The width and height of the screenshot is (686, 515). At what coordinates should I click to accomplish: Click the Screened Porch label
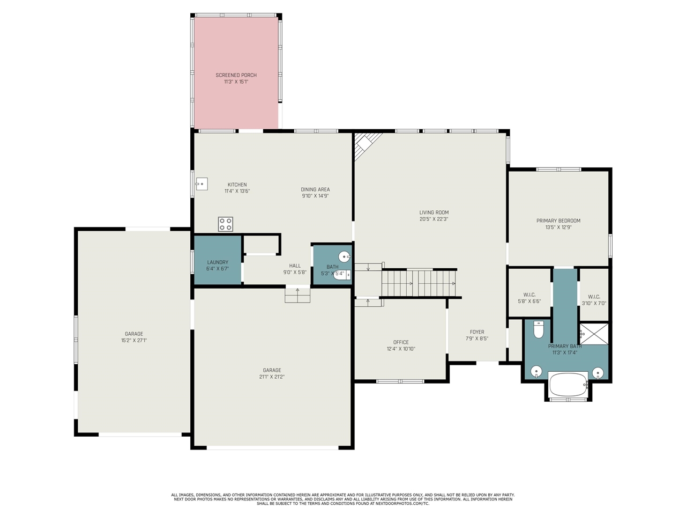click(x=236, y=75)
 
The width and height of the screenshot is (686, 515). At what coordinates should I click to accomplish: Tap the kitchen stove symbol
click(x=226, y=224)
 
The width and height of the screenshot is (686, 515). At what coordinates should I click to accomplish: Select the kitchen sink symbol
click(x=201, y=183)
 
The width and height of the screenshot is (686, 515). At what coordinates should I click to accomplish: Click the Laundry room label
click(x=218, y=262)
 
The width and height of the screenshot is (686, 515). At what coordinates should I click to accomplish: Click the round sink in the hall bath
click(x=345, y=256)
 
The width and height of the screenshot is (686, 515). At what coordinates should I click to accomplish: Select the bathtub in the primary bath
click(x=568, y=385)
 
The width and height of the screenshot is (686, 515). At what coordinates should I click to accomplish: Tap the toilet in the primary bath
click(x=539, y=329)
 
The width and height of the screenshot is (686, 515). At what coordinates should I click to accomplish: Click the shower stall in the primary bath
click(x=594, y=333)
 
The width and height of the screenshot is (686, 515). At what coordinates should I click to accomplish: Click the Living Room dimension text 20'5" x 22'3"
click(x=434, y=219)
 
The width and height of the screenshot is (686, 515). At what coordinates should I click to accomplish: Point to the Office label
click(x=401, y=342)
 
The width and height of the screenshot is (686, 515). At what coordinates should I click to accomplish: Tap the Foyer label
click(x=477, y=332)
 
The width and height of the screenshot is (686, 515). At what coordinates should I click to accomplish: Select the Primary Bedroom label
click(x=558, y=220)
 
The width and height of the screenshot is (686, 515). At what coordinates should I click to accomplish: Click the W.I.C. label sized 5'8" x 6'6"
click(x=529, y=301)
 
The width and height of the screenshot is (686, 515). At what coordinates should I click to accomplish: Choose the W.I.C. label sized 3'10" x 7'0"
click(x=594, y=304)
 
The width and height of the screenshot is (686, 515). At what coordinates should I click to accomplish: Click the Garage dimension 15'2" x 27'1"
click(x=134, y=340)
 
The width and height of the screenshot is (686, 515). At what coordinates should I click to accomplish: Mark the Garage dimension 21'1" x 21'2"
click(x=272, y=377)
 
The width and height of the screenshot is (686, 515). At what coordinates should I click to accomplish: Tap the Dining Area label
click(x=315, y=189)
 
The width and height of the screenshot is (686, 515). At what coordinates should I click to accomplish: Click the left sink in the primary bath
click(x=536, y=371)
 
